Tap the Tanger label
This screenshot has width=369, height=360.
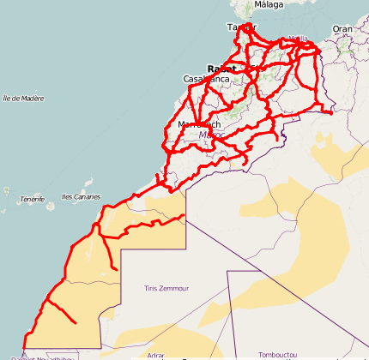coord(241,27)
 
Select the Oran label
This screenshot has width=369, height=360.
coord(342,28)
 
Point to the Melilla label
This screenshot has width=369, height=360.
coord(299,39)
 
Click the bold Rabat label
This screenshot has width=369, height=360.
coord(221,69)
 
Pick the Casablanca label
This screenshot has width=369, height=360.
coord(206,79)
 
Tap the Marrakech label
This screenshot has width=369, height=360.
coord(198,124)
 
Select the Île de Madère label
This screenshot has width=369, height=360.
coord(23,98)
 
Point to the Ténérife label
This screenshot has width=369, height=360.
coord(32,199)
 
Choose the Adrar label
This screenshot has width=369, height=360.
coord(155,354)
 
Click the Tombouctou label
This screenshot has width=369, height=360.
coord(278,354)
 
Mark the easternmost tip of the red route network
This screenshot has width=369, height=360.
coord(332,111)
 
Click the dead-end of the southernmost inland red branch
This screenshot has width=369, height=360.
coord(76,322)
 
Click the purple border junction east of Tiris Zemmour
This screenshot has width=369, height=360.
coord(227,271)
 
